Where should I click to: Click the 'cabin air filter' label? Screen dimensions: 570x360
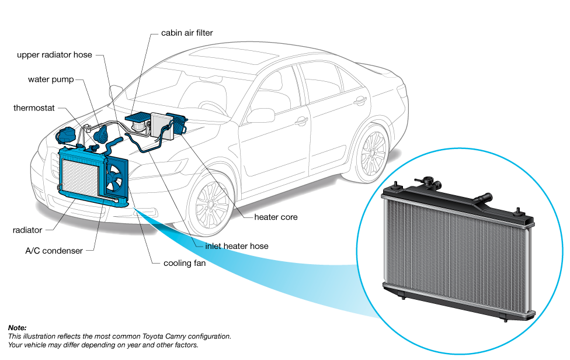click(187, 33)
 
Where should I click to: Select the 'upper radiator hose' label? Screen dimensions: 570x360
click(54, 55)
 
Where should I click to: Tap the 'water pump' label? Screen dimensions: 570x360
click(51, 79)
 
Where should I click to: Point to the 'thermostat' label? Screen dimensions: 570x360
click(34, 108)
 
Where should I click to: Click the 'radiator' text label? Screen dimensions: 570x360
click(27, 230)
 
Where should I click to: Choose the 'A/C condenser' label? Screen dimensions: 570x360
click(54, 251)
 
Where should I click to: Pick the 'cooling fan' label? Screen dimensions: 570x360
click(185, 263)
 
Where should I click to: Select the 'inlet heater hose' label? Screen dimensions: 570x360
click(237, 246)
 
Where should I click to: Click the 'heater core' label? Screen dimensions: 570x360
click(276, 217)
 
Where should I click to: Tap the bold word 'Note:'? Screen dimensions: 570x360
click(17, 328)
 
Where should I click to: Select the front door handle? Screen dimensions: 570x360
click(301, 121)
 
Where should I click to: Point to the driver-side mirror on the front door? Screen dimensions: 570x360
click(261, 116)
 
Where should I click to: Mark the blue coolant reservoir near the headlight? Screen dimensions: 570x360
click(65, 135)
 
